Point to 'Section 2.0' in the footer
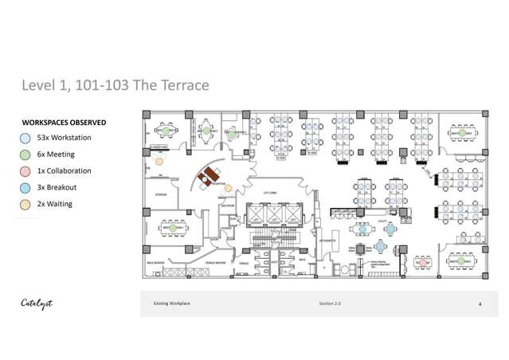click(x=329, y=304)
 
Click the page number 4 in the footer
click(x=480, y=304)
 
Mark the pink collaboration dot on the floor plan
click(x=421, y=260)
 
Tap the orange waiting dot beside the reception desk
click(x=229, y=188)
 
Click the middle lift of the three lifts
click(x=273, y=217)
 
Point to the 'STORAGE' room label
click(x=162, y=194)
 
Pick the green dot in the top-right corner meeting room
click(x=463, y=131)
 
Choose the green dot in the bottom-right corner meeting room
click(x=463, y=260)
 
